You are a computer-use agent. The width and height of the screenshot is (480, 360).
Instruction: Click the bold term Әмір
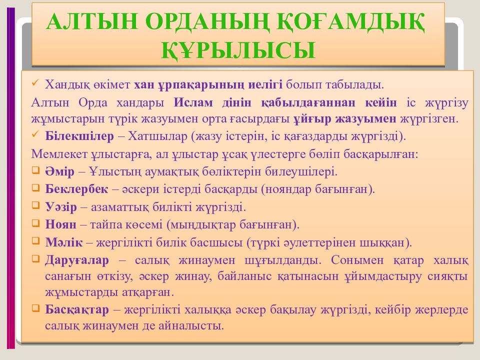59,171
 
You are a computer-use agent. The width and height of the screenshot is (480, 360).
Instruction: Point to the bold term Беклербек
75,189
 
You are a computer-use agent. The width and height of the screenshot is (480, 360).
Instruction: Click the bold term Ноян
59,224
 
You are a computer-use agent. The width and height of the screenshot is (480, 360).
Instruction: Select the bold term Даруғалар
76,260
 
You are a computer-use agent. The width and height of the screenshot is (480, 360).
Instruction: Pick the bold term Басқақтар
76,309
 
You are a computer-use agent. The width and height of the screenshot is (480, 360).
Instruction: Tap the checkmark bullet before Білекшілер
35,135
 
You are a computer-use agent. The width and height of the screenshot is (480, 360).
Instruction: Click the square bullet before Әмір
35,171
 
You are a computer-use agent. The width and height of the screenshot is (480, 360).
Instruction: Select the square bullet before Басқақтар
35,308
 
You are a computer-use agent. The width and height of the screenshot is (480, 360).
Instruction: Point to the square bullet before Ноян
35,223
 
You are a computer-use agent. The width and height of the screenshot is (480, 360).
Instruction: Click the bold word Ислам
193,102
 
